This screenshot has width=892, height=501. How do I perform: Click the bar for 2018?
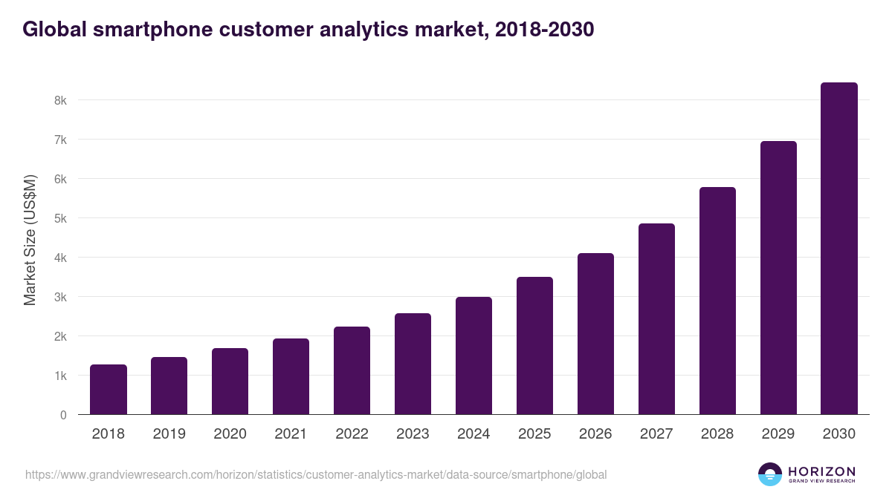(108, 390)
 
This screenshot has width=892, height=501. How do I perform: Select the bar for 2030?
(838, 249)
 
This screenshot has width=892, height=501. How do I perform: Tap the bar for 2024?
(474, 356)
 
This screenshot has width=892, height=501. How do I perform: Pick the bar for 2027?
(656, 319)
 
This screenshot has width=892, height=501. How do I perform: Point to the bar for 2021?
(291, 376)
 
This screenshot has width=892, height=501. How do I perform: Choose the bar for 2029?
(778, 278)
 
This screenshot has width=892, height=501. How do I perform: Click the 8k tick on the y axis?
(60, 100)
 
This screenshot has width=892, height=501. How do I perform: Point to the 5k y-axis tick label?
(60, 218)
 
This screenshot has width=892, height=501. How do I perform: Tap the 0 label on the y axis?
(63, 415)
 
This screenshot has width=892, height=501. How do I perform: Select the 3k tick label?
(60, 297)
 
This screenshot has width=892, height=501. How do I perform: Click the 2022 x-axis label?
(352, 434)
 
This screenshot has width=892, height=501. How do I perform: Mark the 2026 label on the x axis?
(595, 434)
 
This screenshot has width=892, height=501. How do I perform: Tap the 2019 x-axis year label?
(169, 434)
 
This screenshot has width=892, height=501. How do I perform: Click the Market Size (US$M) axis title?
(30, 240)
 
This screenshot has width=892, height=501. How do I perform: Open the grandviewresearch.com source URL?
(316, 474)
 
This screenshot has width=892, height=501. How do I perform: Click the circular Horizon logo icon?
(770, 474)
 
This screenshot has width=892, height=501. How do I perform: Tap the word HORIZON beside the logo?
(821, 471)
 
